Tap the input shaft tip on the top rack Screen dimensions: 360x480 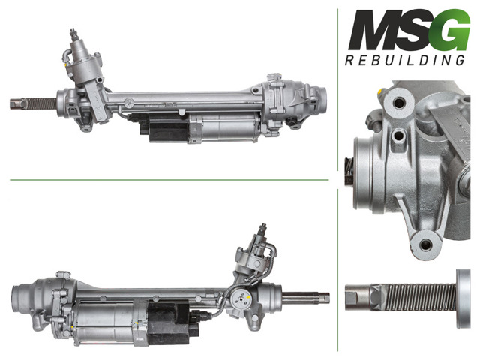tap(73, 33)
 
